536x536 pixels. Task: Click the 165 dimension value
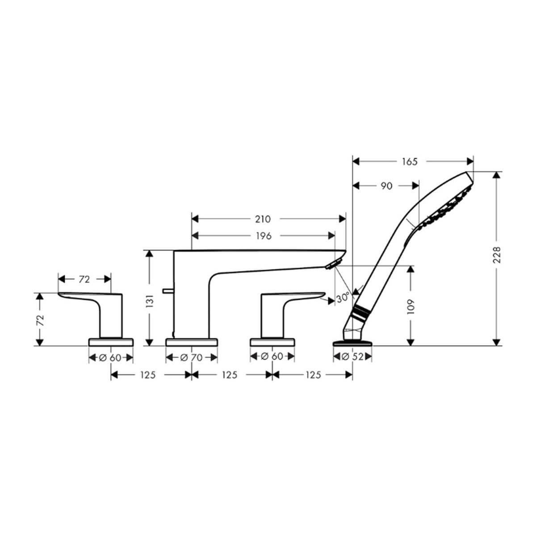(410, 162)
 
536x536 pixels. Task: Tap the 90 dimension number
(387, 186)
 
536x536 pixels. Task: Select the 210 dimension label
(263, 219)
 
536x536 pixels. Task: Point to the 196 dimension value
(264, 236)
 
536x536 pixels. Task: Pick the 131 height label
(150, 301)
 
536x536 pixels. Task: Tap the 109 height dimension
(410, 306)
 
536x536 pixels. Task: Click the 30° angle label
(343, 298)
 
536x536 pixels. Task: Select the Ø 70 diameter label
(191, 357)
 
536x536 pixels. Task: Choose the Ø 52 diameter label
(353, 356)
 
